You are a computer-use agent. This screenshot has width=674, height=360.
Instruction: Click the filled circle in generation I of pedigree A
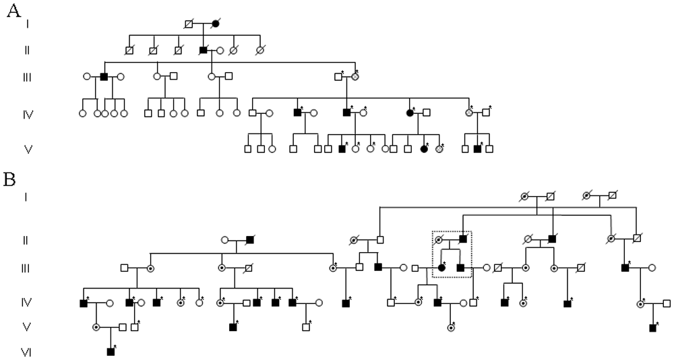coord(216,24)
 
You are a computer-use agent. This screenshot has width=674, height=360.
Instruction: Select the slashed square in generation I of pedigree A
coord(190,24)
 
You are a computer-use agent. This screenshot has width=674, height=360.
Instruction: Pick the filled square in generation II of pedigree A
coord(204,50)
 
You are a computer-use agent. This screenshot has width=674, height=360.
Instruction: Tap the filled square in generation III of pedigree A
coord(104,76)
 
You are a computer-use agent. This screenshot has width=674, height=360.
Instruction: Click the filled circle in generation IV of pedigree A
coord(410,113)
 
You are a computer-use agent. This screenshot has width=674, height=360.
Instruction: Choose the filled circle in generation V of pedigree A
coord(424,148)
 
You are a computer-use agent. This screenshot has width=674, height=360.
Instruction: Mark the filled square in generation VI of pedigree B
coord(111,351)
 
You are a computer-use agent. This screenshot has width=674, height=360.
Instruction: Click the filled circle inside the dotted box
coord(442,268)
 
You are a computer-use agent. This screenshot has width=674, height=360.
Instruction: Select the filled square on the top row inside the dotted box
coord(464,239)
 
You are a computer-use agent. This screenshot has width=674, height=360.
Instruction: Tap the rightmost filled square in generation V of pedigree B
coord(652,328)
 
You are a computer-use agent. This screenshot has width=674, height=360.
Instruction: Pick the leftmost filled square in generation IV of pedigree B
coord(84,303)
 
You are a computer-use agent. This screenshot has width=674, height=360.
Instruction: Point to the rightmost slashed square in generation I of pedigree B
coord(612,196)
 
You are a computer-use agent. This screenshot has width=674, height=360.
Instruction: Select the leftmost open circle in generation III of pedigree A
coord(87,76)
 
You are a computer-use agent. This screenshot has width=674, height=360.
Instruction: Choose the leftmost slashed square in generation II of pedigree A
coord(129,50)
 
